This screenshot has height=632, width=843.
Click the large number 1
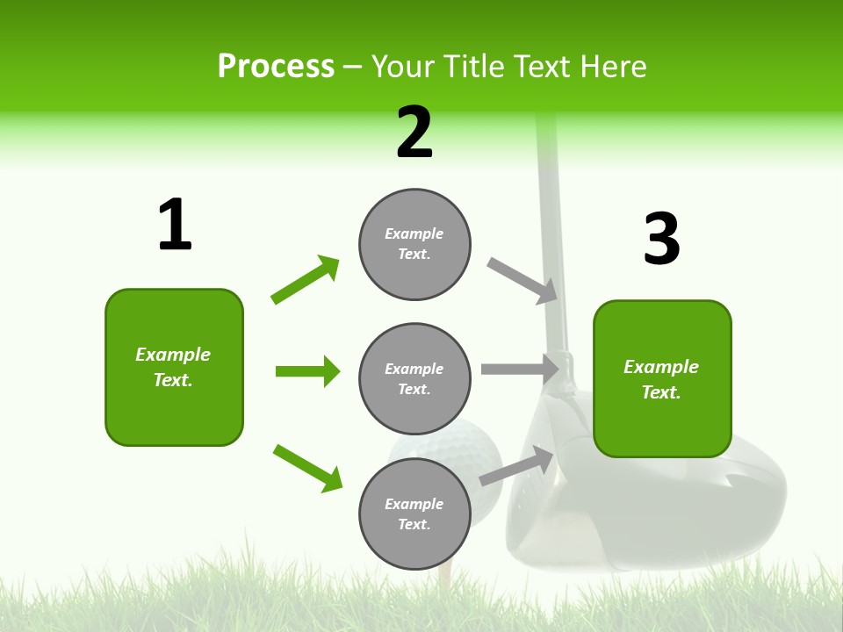[175, 226]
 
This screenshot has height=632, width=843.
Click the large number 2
[414, 133]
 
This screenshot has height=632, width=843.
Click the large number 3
[661, 240]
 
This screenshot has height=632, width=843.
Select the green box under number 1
[174, 367]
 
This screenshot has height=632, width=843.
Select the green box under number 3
[662, 379]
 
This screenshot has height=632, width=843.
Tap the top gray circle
[414, 244]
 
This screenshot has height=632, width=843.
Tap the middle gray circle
[414, 379]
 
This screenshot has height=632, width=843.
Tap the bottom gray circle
[414, 514]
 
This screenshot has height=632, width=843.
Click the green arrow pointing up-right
[306, 279]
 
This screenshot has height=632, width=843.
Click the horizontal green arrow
[307, 371]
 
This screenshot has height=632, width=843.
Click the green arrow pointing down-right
[307, 468]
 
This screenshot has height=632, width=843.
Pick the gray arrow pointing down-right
[523, 281]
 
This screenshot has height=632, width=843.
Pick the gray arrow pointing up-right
[517, 466]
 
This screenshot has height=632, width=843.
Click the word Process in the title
[276, 66]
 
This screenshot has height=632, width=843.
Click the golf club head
[667, 509]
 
